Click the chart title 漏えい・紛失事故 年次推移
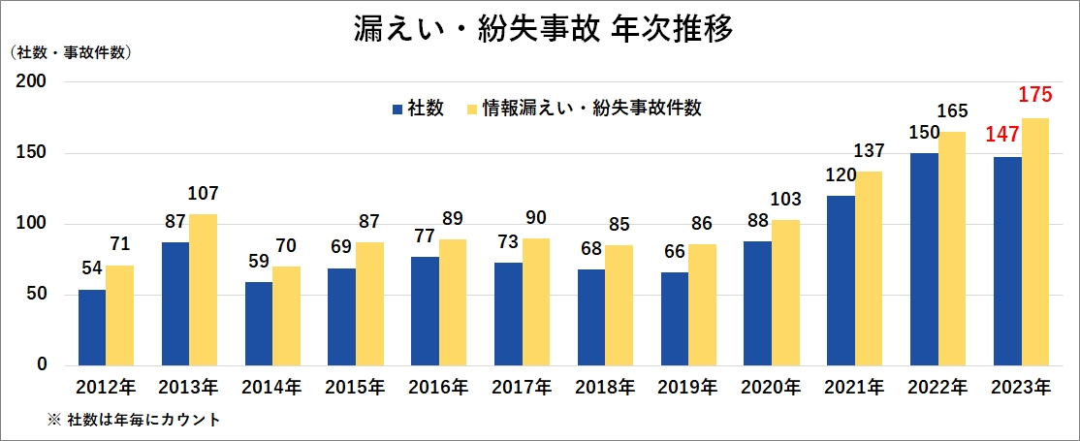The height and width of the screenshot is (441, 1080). [543, 28]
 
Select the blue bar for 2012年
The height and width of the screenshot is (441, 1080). [92, 327]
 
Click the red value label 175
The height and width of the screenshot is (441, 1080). [1034, 96]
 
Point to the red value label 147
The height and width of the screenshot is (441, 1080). [1003, 135]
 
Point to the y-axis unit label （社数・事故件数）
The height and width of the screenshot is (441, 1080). [70, 52]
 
